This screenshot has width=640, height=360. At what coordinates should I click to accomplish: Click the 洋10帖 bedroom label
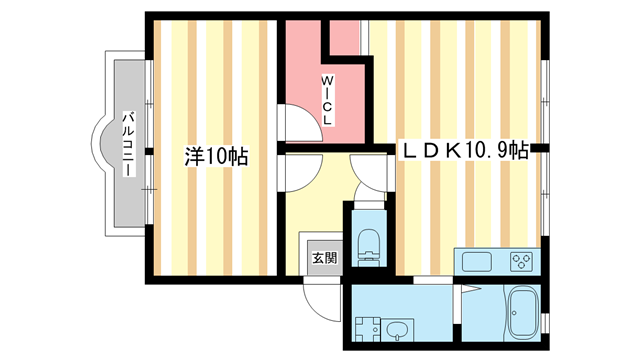[x=216, y=157]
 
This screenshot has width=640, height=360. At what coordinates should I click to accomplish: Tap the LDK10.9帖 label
[x=465, y=151]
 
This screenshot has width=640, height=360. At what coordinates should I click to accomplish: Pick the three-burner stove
[x=521, y=262]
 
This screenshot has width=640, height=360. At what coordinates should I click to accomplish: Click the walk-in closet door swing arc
[x=294, y=124]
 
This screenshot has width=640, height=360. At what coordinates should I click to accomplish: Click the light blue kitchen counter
[x=496, y=262]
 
